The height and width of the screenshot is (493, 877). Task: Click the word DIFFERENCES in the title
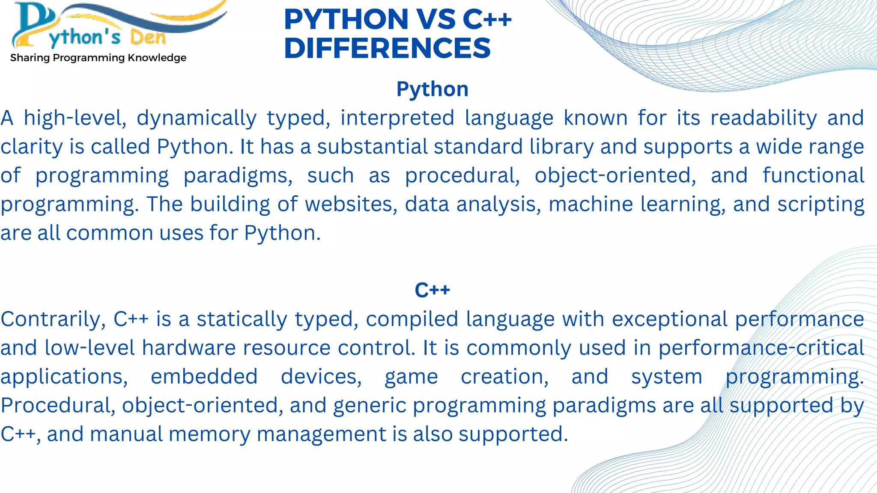387,48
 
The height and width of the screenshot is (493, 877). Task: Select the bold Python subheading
432,89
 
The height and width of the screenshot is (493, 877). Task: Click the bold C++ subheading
432,290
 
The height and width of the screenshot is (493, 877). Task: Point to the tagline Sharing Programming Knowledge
98,58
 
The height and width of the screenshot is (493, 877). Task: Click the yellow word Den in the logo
148,38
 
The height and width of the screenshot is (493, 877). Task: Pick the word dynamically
197,118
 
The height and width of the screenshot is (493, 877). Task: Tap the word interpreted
397,118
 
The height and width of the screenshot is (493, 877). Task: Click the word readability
764,118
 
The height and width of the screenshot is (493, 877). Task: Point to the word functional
813,175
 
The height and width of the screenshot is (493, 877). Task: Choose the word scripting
820,204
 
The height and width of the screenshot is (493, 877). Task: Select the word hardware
189,348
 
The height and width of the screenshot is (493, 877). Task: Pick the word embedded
204,377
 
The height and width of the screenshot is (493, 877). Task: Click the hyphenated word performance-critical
761,348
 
